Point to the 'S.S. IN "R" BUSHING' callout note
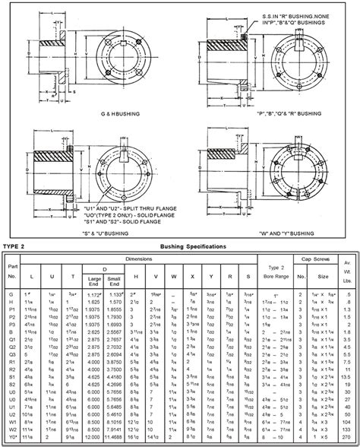(x=292, y=15)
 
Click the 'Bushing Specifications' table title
(x=192, y=247)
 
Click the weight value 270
(x=347, y=439)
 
